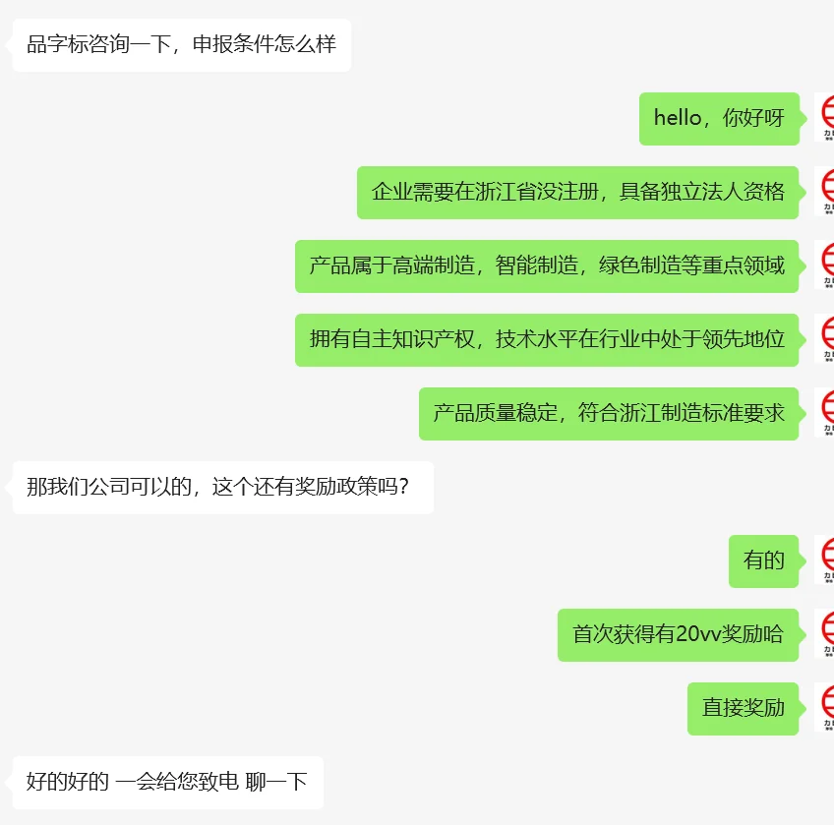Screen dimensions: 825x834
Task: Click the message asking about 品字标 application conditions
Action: click(181, 45)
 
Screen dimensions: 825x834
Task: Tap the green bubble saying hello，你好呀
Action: click(719, 119)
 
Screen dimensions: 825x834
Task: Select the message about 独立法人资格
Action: click(577, 193)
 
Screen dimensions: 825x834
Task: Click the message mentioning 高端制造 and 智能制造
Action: click(547, 266)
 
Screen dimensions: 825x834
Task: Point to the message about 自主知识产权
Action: click(547, 340)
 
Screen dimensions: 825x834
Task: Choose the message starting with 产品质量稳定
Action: click(609, 414)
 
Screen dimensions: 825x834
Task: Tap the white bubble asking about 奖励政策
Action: click(222, 488)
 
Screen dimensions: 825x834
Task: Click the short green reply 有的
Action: click(763, 561)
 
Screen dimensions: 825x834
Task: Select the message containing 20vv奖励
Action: click(678, 635)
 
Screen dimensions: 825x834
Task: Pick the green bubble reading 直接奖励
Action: click(743, 709)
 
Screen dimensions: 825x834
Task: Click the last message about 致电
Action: click(167, 783)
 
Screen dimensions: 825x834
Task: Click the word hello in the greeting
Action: click(678, 119)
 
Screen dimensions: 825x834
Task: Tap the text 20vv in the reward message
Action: click(699, 635)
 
